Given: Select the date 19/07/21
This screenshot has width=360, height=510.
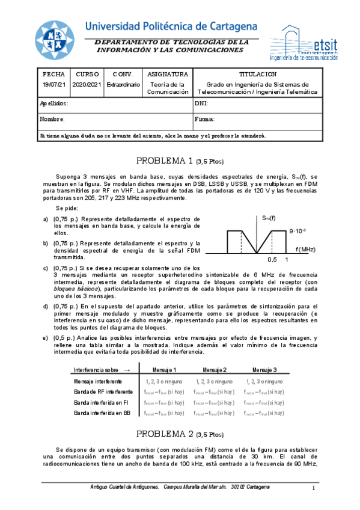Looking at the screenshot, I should click(x=53, y=85).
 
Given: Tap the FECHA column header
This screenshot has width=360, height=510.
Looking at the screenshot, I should click(x=53, y=74).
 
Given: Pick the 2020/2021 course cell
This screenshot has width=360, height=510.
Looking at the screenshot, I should click(x=87, y=85).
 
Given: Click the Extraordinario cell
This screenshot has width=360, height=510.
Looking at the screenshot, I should click(x=123, y=85).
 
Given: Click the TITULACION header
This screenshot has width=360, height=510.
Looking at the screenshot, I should click(x=257, y=74).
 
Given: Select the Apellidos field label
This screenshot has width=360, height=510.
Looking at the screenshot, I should click(x=55, y=103).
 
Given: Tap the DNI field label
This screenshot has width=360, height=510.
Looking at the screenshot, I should click(x=201, y=103).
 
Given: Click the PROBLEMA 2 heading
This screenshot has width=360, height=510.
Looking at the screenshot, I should click(x=180, y=434).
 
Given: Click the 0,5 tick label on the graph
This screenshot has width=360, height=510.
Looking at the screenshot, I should click(x=272, y=260).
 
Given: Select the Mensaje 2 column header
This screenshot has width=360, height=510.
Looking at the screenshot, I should click(x=215, y=369).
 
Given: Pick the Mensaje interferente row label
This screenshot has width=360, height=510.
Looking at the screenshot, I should click(x=98, y=381).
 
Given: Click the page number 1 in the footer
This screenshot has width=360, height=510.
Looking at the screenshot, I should click(x=314, y=488).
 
